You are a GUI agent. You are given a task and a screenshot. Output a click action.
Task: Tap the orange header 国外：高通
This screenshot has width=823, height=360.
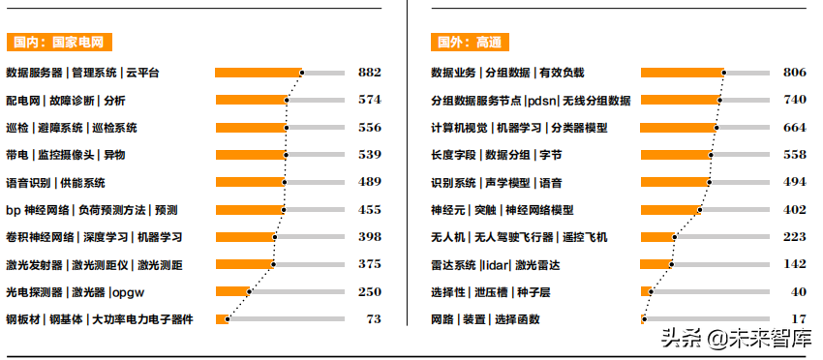pos(469,43)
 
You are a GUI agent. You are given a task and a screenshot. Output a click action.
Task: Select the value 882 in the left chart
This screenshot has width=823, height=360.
pos(369,73)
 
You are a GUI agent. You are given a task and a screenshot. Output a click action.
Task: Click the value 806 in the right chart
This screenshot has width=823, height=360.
pos(794,73)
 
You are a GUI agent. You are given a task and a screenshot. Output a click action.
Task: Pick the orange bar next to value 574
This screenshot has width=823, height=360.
pos(251,100)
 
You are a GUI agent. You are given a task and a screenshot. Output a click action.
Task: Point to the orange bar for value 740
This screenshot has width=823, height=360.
pos(680,100)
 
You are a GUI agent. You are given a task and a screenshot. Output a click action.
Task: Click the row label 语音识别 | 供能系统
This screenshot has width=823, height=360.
pos(55,182)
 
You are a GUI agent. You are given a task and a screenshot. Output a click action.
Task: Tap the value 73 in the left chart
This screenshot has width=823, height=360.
pos(373,318)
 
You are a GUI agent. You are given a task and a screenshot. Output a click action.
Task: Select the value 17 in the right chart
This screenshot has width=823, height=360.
pos(799,318)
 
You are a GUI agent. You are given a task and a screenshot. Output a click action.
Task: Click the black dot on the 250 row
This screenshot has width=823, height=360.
pos(250,291)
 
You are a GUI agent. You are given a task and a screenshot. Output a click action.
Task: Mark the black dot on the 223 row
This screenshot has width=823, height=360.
pos(675,237)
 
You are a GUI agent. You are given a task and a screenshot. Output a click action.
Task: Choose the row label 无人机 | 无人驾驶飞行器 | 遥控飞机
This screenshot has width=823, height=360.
pos(519,237)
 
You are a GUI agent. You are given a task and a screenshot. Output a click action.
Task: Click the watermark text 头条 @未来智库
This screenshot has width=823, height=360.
pos(736,338)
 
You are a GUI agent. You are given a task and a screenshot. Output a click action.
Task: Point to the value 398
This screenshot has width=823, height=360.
pos(369,237)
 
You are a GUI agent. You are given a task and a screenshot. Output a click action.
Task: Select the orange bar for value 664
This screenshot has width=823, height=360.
pos(678,128)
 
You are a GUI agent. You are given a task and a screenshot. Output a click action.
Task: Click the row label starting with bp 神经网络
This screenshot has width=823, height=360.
pos(91,209)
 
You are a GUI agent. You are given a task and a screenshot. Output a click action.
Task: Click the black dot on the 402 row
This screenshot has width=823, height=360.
pos(699,209)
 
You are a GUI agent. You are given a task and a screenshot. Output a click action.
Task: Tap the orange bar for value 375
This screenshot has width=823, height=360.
pos(244,264)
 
